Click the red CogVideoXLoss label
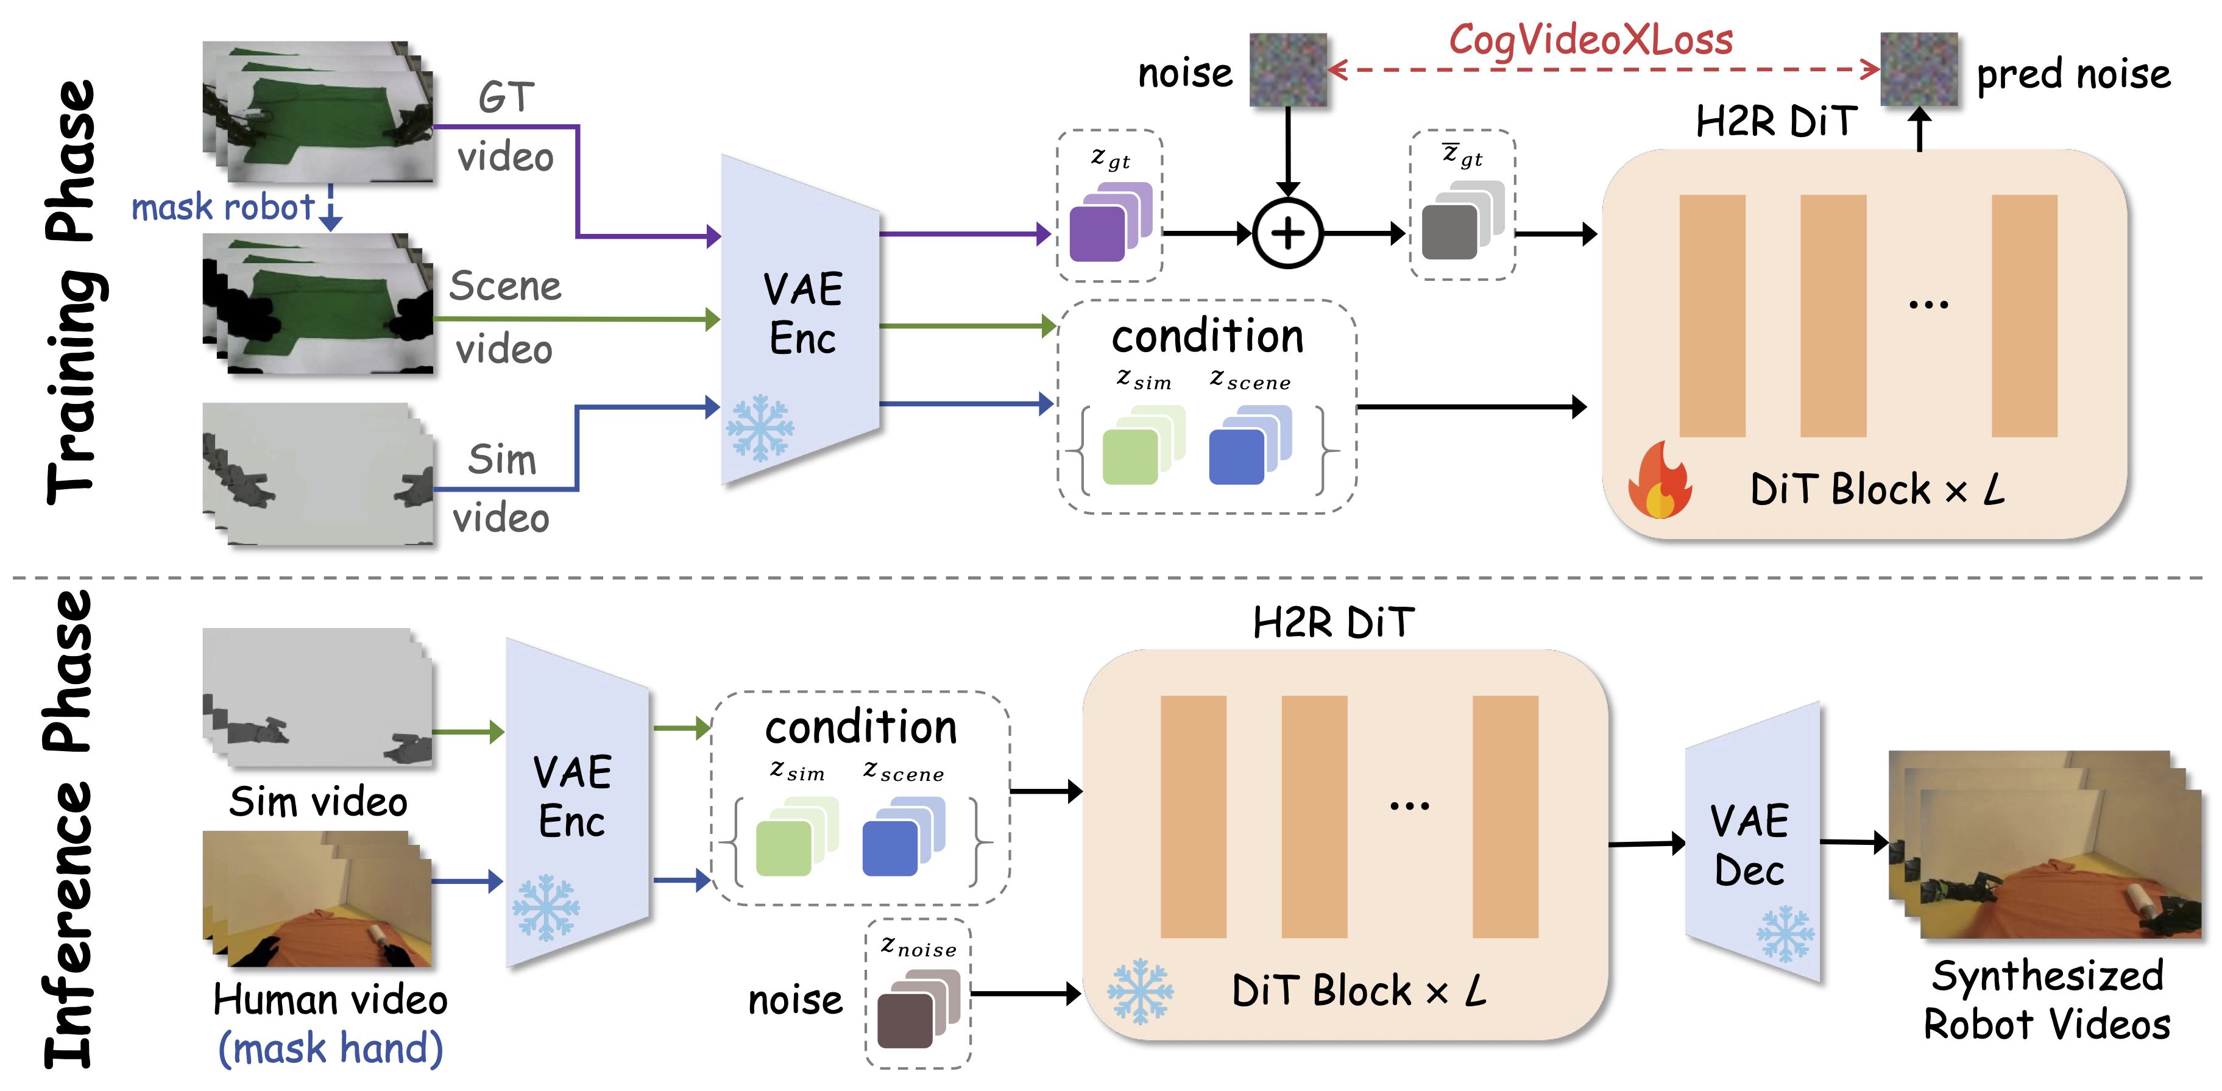[x=1590, y=39]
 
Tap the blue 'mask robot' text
[x=222, y=207]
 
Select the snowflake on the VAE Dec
[x=1785, y=933]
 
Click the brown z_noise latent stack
[x=918, y=1008]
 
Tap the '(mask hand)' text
[x=330, y=1049]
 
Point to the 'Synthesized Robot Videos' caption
[x=2047, y=1000]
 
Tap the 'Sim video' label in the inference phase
[x=318, y=802]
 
